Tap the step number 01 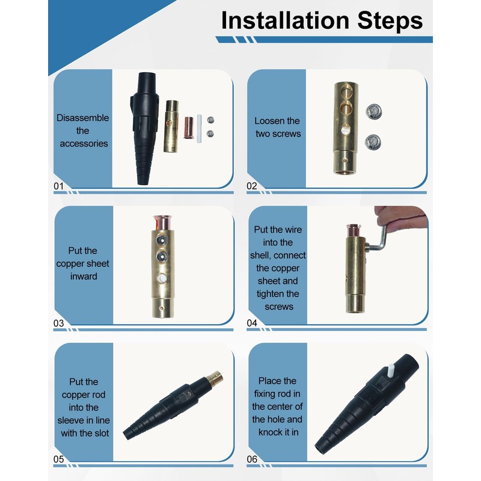pyautogui.click(x=58, y=186)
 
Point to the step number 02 pyautogui.click(x=252, y=186)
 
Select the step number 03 pyautogui.click(x=58, y=323)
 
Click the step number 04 pyautogui.click(x=253, y=323)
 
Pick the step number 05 pyautogui.click(x=58, y=460)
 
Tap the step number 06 pyautogui.click(x=253, y=460)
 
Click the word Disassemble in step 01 pyautogui.click(x=82, y=118)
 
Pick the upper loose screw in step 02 pyautogui.click(x=373, y=112)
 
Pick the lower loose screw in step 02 pyautogui.click(x=373, y=142)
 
